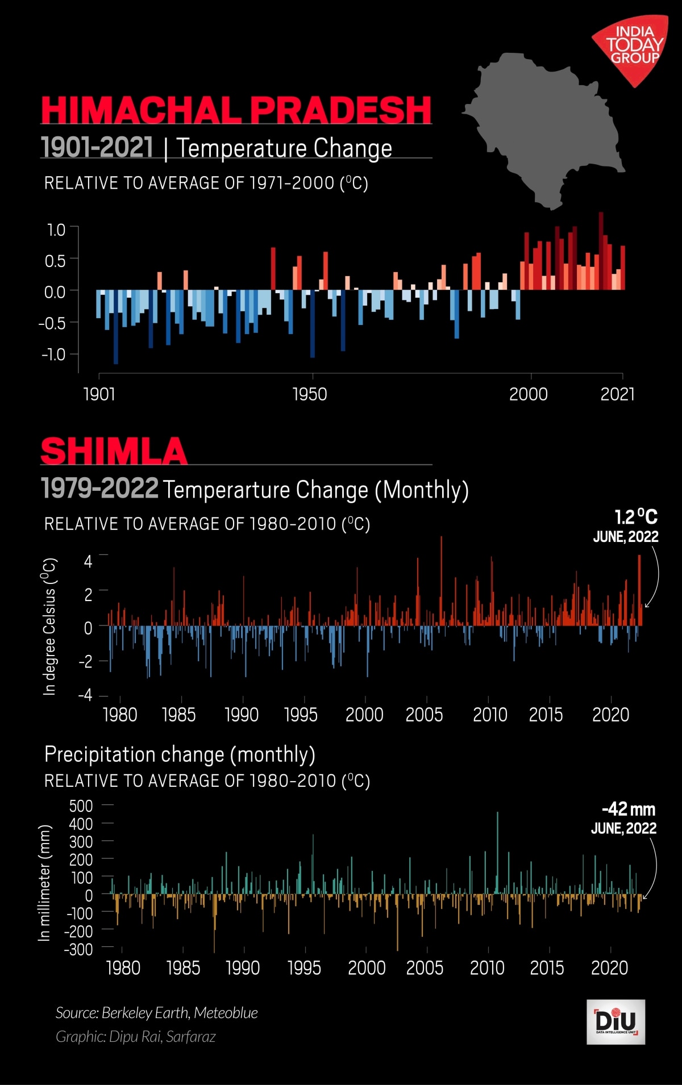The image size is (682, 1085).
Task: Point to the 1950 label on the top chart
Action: pyautogui.click(x=310, y=394)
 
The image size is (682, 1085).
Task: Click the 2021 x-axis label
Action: pyautogui.click(x=617, y=394)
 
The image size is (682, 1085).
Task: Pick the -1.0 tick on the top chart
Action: pyautogui.click(x=53, y=354)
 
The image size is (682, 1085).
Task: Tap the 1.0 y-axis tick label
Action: pyautogui.click(x=56, y=230)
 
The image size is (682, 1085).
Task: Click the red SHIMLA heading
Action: pyautogui.click(x=114, y=452)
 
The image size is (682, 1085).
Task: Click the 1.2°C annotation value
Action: pyautogui.click(x=636, y=517)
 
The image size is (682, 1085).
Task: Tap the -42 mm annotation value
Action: pyautogui.click(x=629, y=809)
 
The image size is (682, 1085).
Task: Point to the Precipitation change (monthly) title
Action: pyautogui.click(x=180, y=754)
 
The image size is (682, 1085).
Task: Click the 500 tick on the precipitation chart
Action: pyautogui.click(x=81, y=806)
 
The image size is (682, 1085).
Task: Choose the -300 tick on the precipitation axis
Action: pyautogui.click(x=78, y=949)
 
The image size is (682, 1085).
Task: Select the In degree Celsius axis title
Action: pyautogui.click(x=49, y=627)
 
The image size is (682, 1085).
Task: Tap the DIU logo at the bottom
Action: pyautogui.click(x=616, y=1022)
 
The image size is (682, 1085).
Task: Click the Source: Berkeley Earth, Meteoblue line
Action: pyautogui.click(x=157, y=1013)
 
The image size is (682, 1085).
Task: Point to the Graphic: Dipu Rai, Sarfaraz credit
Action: pyautogui.click(x=136, y=1037)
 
